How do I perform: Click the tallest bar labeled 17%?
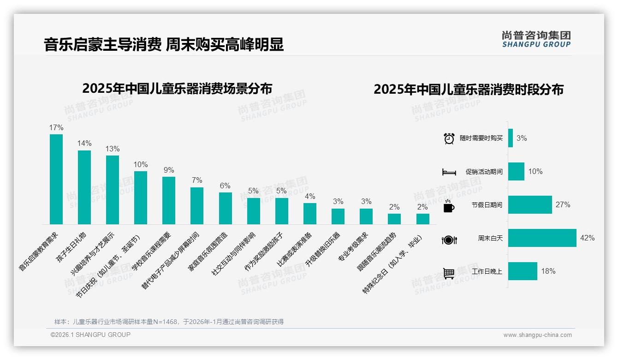56,179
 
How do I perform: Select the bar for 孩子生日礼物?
84,187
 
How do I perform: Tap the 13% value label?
113,149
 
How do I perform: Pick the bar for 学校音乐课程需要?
169,200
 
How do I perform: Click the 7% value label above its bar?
197,180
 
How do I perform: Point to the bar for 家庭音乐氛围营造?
225,208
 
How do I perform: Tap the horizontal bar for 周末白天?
542,238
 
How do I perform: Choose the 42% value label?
587,238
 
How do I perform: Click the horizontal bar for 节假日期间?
530,204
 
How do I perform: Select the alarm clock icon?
449,138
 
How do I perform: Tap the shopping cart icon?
449,273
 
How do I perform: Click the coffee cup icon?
449,206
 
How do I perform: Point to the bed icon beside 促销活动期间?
449,172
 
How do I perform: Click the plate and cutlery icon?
449,240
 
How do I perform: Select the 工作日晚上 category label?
487,271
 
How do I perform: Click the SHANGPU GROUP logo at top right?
536,39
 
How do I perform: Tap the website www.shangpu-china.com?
537,335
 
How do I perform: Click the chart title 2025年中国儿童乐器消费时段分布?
469,90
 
